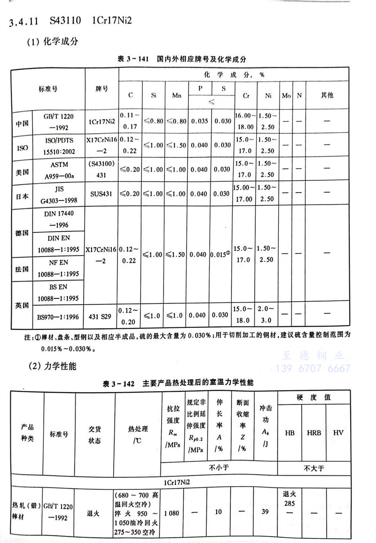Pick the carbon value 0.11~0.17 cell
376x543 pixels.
click(130, 121)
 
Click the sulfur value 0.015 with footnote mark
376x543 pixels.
click(222, 254)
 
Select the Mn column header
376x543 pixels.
click(177, 95)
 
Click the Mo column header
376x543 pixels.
click(286, 95)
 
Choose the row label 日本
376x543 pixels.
click(22, 194)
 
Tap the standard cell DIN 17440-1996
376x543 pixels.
click(59, 218)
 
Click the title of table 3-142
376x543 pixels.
click(178, 383)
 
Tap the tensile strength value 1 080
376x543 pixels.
click(172, 512)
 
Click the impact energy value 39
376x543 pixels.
click(266, 512)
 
